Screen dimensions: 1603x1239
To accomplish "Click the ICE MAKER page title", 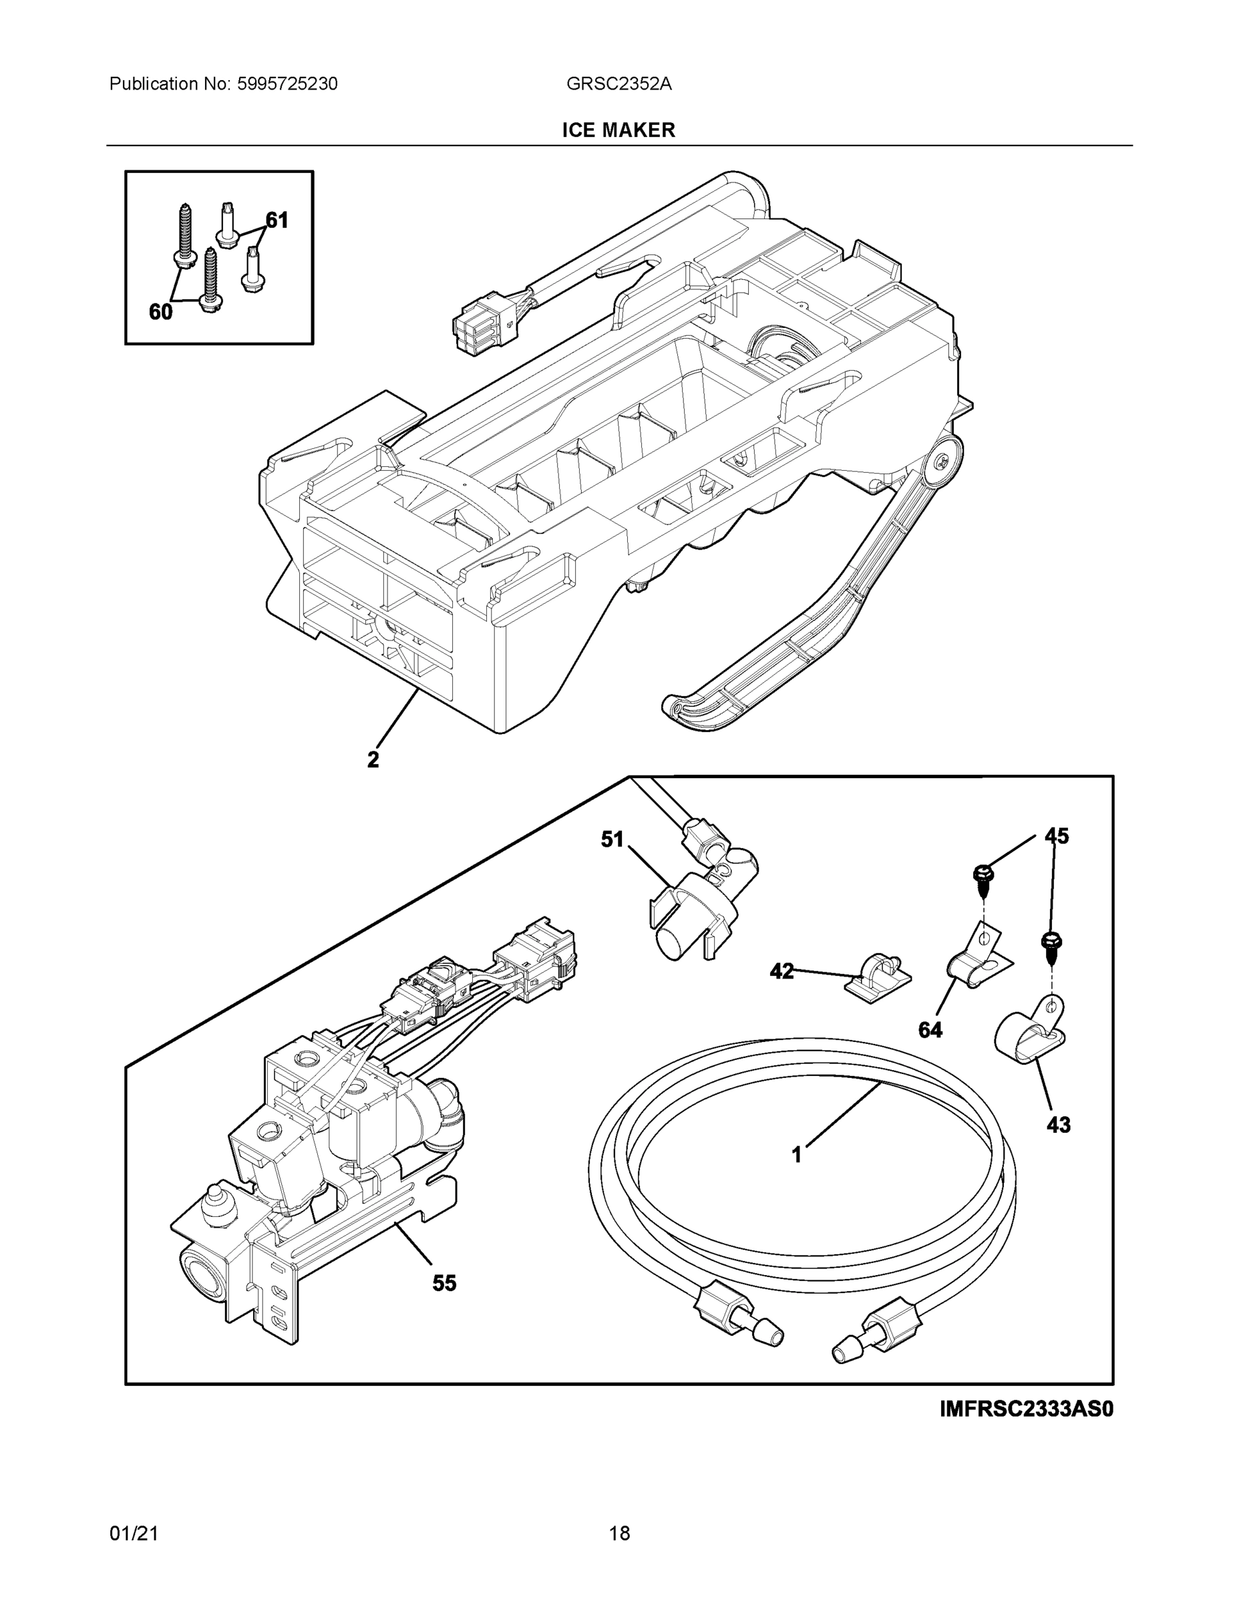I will pos(618,130).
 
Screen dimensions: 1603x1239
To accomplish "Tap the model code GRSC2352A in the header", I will pos(618,83).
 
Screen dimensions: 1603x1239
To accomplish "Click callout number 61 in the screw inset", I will pos(277,220).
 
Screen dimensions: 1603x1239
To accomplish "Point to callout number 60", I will pos(160,312).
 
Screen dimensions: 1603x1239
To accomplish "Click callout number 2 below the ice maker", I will pos(373,759).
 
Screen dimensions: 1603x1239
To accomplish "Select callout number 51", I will pos(612,839).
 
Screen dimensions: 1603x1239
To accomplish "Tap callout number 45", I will pos(1057,836).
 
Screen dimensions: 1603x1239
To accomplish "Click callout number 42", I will pos(781,971).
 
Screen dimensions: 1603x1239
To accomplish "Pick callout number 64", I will pos(930,1030).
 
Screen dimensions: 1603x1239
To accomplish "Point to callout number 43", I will pos(1058,1125).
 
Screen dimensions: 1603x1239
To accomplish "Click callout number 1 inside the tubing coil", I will pos(796,1155).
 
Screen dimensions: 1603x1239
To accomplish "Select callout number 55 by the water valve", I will pos(444,1283).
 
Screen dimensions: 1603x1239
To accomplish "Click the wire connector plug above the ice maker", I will pos(481,331).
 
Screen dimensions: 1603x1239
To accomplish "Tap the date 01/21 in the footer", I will pos(134,1534).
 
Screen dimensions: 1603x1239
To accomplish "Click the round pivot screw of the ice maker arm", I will pos(942,462).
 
